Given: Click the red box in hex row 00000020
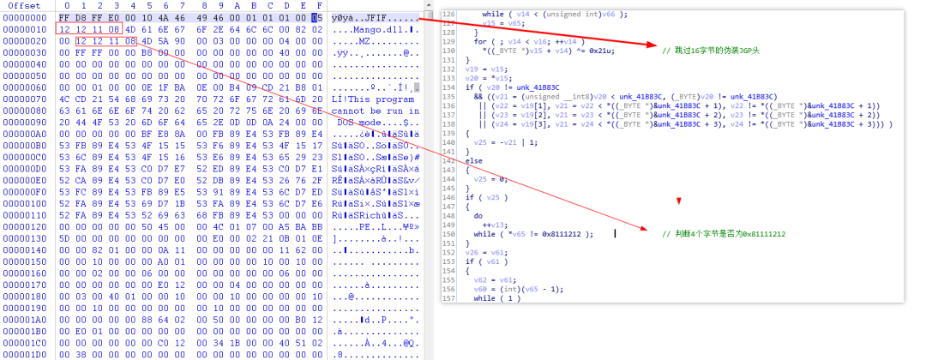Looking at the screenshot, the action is coord(105,40).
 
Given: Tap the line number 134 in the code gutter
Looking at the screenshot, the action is coord(448,95).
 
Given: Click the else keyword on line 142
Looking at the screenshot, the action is coord(473,159).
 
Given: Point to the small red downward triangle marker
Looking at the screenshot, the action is coord(677,201).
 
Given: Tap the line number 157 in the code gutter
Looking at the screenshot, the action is coord(448,298).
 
